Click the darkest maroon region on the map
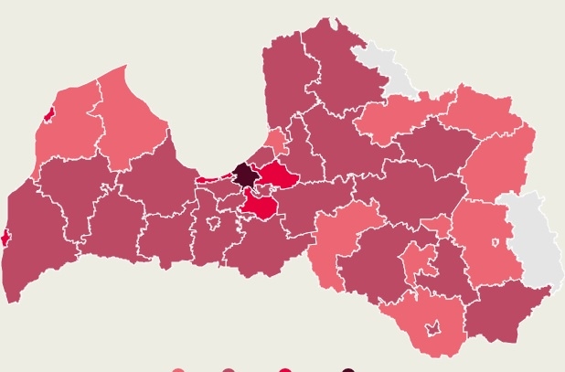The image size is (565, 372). pyautogui.click(x=244, y=174)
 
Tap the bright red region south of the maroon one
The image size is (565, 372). pyautogui.click(x=260, y=207)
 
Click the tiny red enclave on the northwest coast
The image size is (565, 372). pyautogui.click(x=49, y=114)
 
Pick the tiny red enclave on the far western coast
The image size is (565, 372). pyautogui.click(x=5, y=238)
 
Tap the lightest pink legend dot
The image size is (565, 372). pyautogui.click(x=179, y=369)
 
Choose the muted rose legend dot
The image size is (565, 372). pyautogui.click(x=229, y=369)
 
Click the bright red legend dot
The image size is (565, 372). pyautogui.click(x=285, y=369)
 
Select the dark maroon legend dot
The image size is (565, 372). pyautogui.click(x=348, y=369)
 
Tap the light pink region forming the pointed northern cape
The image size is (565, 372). pyautogui.click(x=128, y=110)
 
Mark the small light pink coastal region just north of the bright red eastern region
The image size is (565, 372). pyautogui.click(x=275, y=142)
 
